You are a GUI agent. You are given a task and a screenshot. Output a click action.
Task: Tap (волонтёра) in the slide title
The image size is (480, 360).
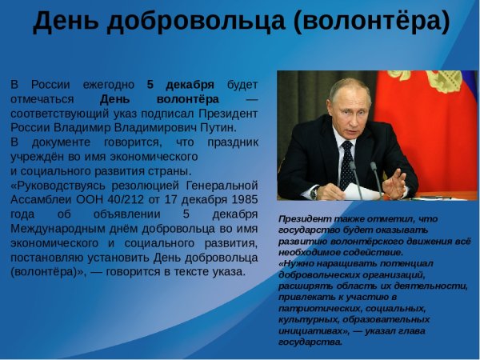(x=372, y=22)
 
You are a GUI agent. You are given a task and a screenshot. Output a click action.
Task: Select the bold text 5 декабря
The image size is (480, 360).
(x=180, y=85)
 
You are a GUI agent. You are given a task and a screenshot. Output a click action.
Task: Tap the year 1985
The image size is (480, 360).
(x=241, y=200)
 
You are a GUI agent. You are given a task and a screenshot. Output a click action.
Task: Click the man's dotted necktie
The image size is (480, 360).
(x=346, y=163)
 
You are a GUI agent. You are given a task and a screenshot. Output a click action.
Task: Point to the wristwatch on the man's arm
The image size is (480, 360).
(x=315, y=192)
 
